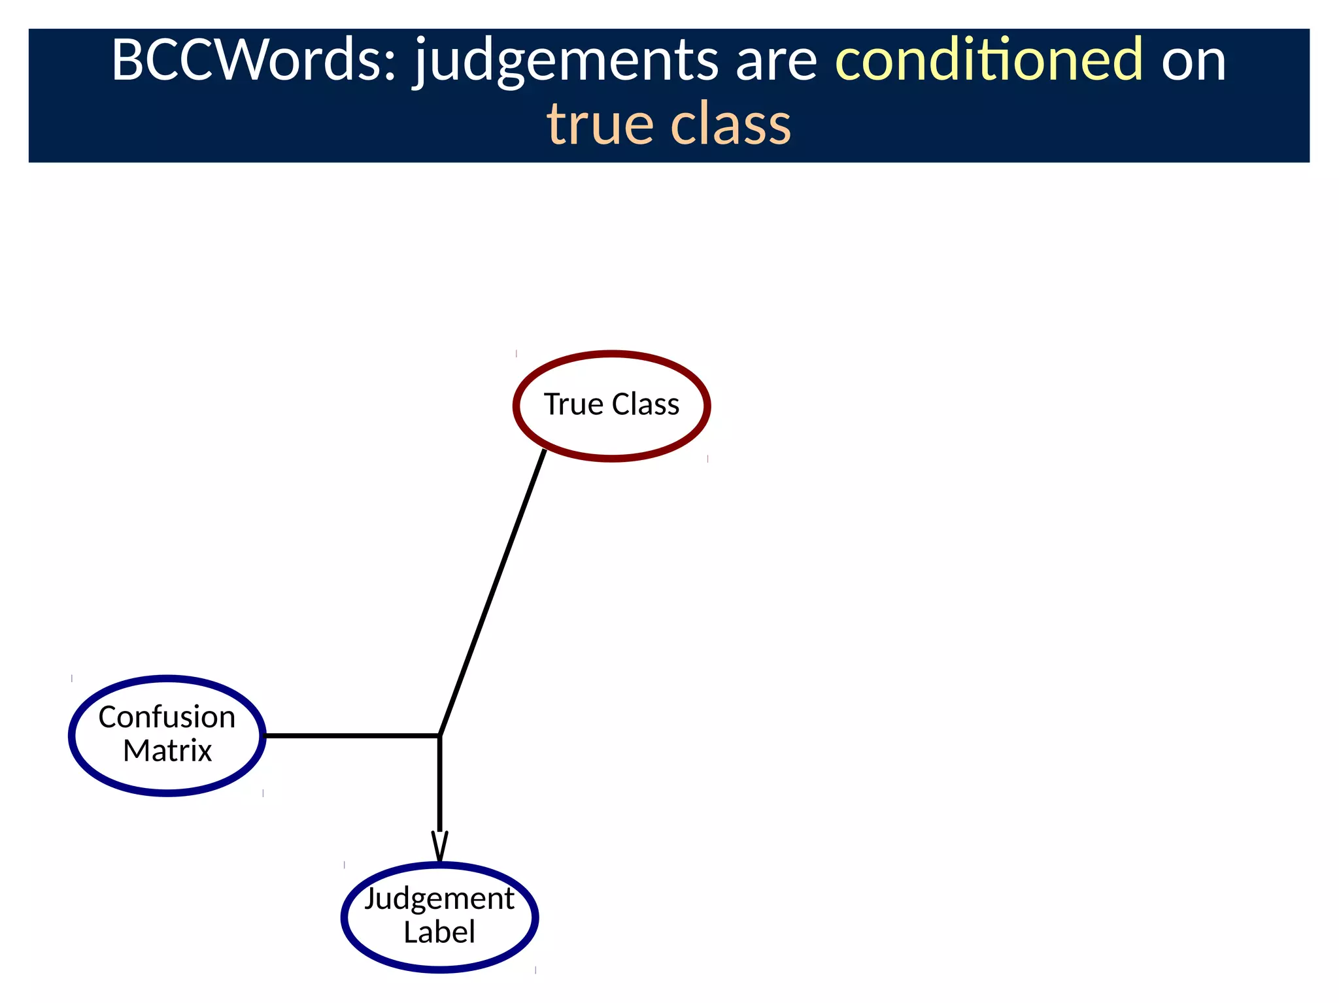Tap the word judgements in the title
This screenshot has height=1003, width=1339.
566,62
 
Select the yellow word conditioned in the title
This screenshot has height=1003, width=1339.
989,60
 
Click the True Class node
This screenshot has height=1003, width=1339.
612,425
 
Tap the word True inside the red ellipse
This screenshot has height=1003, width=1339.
573,404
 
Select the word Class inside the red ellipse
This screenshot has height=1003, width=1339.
645,404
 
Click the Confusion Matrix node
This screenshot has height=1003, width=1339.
167,771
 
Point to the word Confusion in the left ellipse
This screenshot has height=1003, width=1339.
167,717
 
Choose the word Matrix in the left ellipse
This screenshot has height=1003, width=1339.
167,751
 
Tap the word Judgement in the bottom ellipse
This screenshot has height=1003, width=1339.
439,899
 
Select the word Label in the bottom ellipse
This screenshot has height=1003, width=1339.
439,932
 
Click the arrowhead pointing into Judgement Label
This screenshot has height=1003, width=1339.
440,846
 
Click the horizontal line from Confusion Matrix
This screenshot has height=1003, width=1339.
353,736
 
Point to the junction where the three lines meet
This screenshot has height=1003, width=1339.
439,736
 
